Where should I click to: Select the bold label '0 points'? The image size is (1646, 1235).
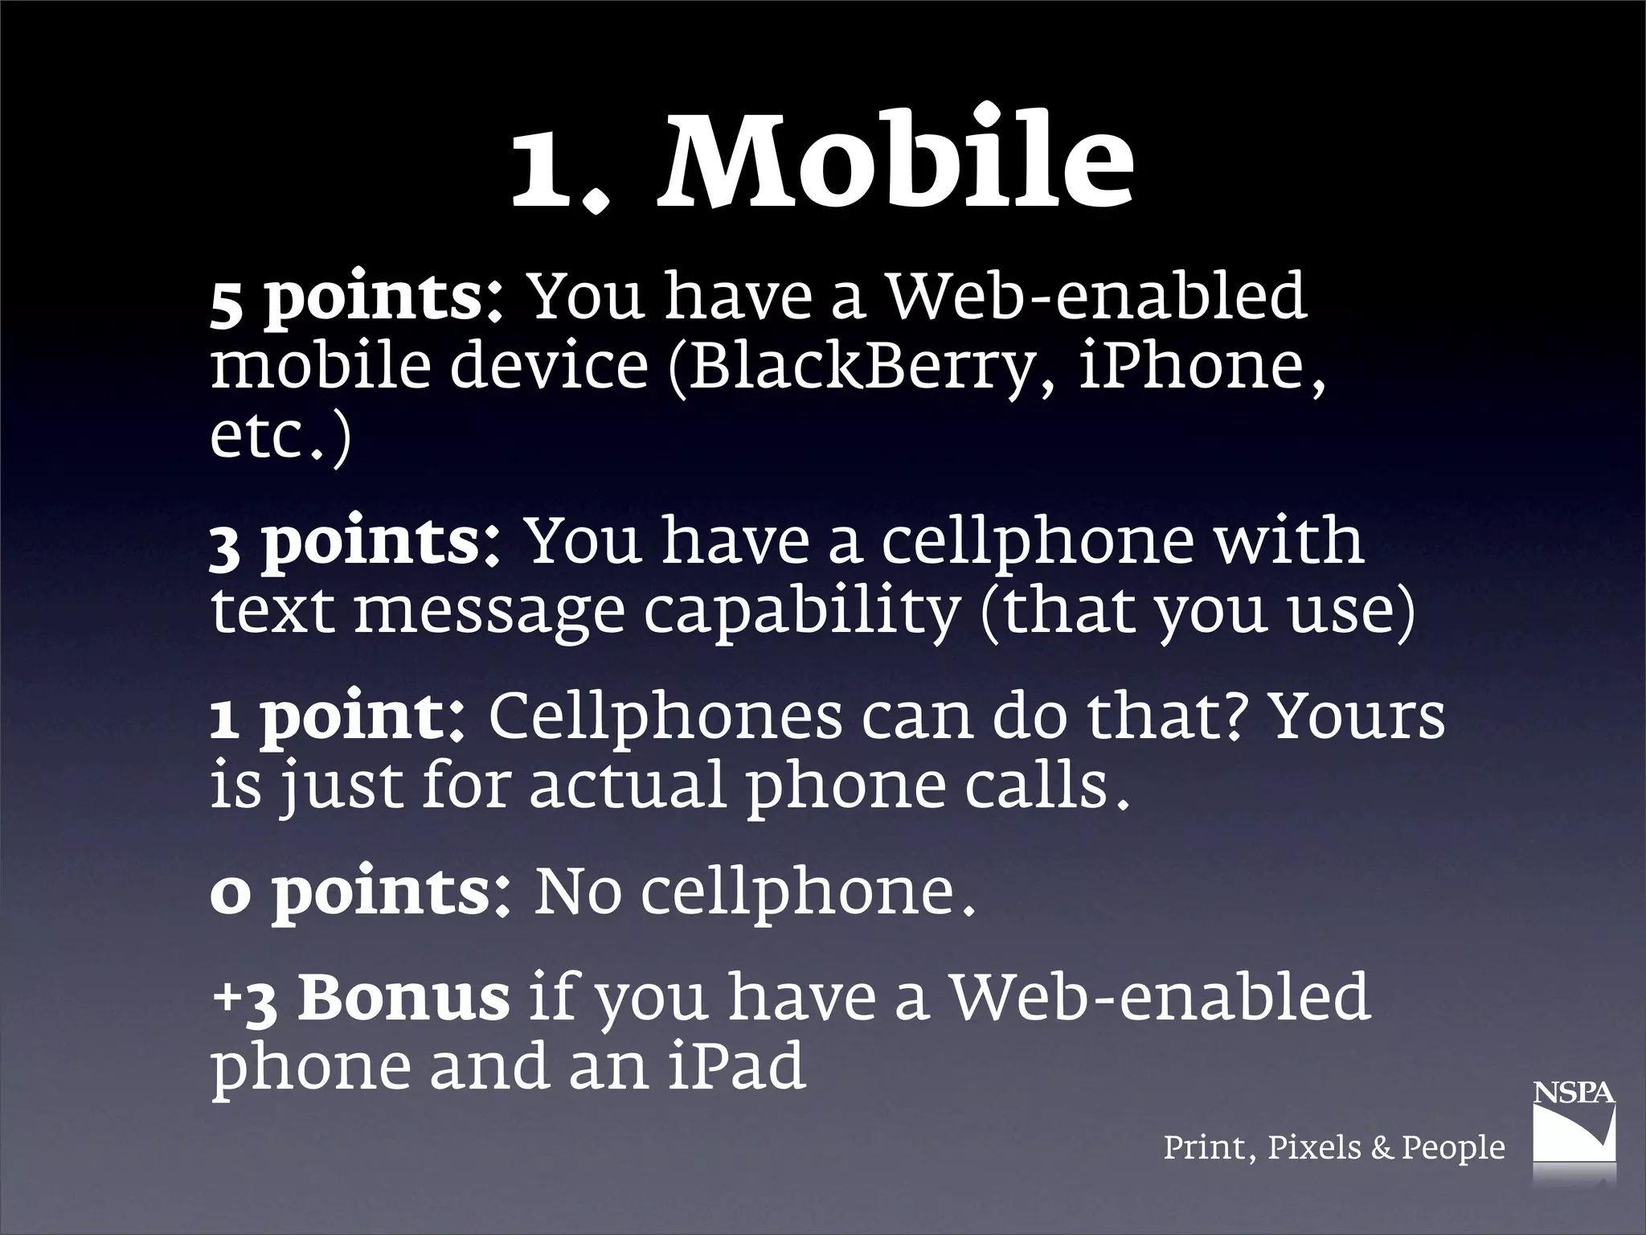[350, 893]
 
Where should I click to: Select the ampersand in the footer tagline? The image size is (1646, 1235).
[1382, 1147]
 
